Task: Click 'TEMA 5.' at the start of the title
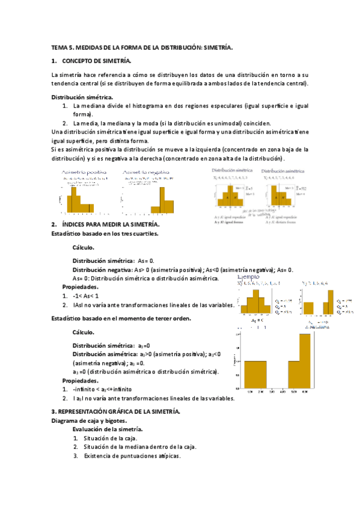click(61, 47)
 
